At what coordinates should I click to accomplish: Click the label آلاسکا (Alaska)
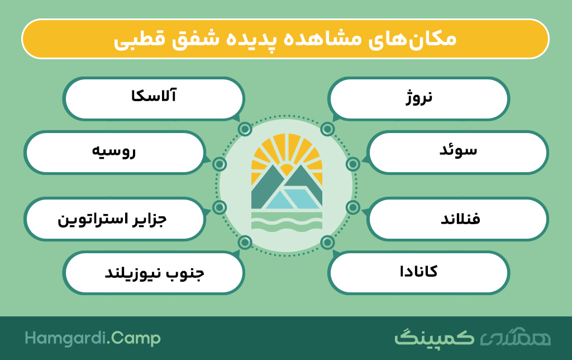(x=154, y=96)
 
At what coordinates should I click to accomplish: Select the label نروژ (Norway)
(x=419, y=97)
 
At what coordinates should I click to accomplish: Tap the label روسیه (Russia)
(x=113, y=150)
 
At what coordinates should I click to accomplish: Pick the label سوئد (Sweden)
(x=458, y=150)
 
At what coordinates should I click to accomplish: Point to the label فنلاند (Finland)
(x=460, y=219)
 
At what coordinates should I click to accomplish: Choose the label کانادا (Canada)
(x=418, y=271)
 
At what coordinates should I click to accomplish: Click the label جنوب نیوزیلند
(x=154, y=273)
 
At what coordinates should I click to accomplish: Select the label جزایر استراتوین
(x=112, y=220)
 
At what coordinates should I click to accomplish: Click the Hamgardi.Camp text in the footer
(x=93, y=338)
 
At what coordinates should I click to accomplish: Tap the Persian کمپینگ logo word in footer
(x=434, y=338)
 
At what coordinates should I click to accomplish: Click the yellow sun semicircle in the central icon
(x=287, y=170)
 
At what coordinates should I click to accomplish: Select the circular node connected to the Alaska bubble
(x=245, y=129)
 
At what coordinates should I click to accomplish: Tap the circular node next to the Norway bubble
(x=327, y=129)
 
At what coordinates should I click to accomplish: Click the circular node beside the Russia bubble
(x=219, y=164)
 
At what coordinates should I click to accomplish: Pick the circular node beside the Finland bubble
(x=353, y=207)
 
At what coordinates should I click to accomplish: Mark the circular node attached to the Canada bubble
(x=327, y=242)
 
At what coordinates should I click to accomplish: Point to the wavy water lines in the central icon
(x=287, y=223)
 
